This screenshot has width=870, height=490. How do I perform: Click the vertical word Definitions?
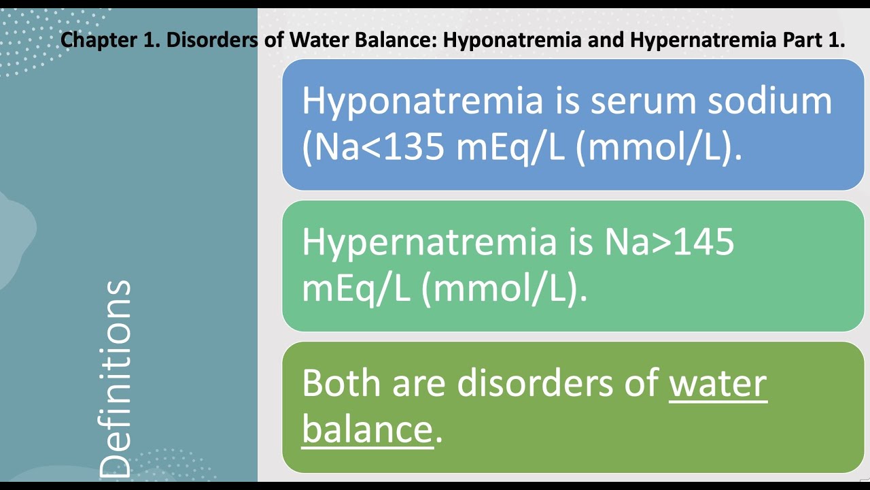pyautogui.click(x=114, y=378)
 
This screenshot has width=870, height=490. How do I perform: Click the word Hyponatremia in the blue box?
pyautogui.click(x=422, y=101)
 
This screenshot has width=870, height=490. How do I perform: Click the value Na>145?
pyautogui.click(x=669, y=242)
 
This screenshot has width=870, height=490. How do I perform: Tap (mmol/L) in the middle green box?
pyautogui.click(x=504, y=289)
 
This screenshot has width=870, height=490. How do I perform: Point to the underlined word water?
pyautogui.click(x=718, y=383)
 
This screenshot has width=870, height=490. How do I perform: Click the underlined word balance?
pyautogui.click(x=367, y=429)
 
